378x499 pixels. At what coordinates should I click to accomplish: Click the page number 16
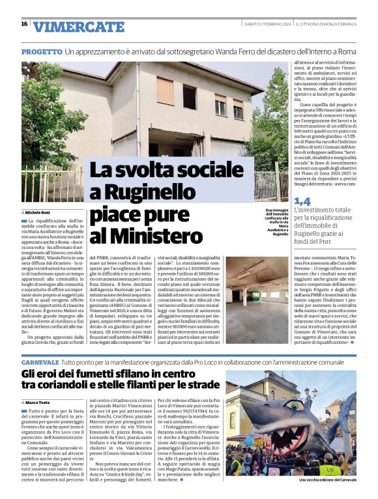24,24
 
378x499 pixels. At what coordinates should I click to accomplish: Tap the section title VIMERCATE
78,27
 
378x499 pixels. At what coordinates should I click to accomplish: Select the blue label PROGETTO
41,51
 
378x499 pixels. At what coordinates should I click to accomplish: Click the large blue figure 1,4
302,202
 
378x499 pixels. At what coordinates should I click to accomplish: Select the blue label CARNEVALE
40,362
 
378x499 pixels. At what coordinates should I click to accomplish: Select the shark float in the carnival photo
293,430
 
